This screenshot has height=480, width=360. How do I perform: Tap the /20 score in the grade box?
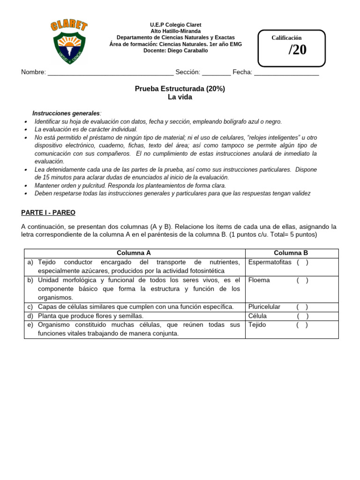point(297,50)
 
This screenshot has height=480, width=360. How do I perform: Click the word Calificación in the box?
point(286,37)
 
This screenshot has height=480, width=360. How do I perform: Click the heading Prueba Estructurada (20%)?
point(180,89)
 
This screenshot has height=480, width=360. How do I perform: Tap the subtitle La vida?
point(180,97)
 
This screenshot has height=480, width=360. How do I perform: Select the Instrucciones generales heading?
point(66,113)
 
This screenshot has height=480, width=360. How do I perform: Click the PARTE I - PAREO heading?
point(48,212)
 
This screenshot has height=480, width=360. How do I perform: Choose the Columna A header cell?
point(134,253)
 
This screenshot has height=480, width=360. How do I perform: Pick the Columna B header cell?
point(291,253)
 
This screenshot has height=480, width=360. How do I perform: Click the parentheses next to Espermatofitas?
point(302,262)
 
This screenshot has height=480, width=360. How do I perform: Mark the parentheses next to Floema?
point(302,280)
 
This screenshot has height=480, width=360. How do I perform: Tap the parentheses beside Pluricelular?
point(302,307)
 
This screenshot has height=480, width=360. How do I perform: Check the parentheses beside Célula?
point(302,316)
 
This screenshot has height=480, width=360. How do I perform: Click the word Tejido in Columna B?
point(257,325)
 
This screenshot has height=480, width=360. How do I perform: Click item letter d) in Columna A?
point(30,316)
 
